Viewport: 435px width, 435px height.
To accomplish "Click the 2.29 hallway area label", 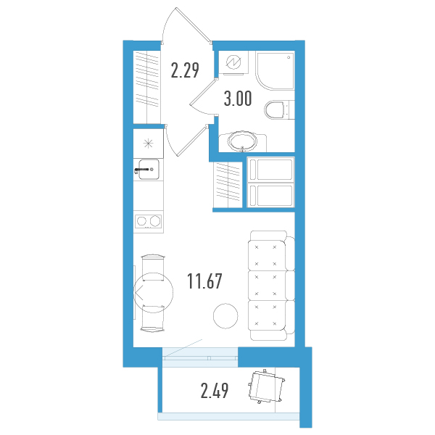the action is pyautogui.click(x=185, y=70).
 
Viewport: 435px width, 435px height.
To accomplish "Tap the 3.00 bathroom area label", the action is pyautogui.click(x=238, y=99).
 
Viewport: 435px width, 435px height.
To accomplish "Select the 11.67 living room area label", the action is pyautogui.click(x=204, y=281).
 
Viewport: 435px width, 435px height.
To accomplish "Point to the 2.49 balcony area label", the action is pyautogui.click(x=215, y=390).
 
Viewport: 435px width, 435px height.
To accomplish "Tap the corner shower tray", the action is pyautogui.click(x=275, y=70).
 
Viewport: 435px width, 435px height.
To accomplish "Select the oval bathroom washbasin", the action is pyautogui.click(x=243, y=141).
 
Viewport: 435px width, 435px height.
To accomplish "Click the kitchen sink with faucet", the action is pyautogui.click(x=149, y=169).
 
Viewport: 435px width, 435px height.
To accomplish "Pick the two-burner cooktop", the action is pyautogui.click(x=148, y=221).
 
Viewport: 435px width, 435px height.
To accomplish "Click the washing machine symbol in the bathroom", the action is pyautogui.click(x=233, y=62).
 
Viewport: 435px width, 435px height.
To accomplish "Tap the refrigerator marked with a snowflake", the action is pyautogui.click(x=148, y=144).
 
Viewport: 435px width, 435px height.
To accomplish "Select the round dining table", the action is pyautogui.click(x=154, y=292).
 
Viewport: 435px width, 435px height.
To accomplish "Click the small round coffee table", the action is pyautogui.click(x=225, y=315).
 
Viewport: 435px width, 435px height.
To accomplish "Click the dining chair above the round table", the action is pyautogui.click(x=153, y=268).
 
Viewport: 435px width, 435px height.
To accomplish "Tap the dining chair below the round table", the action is pyautogui.click(x=153, y=318).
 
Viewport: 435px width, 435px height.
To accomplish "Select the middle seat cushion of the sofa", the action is pyautogui.click(x=267, y=286).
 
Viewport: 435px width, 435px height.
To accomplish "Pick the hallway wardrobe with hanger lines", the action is pyautogui.click(x=146, y=87).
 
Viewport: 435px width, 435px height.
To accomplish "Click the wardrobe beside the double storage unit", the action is pyautogui.click(x=228, y=184).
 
